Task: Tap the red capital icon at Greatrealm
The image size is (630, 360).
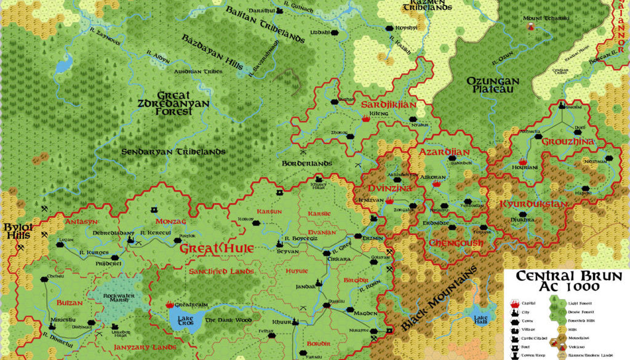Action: click(x=170, y=305)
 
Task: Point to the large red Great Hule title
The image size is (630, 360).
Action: click(x=208, y=249)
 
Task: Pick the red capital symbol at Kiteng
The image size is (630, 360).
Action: click(x=367, y=120)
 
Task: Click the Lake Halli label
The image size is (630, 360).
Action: click(x=480, y=320)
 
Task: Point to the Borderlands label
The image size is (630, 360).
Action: click(x=307, y=163)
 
